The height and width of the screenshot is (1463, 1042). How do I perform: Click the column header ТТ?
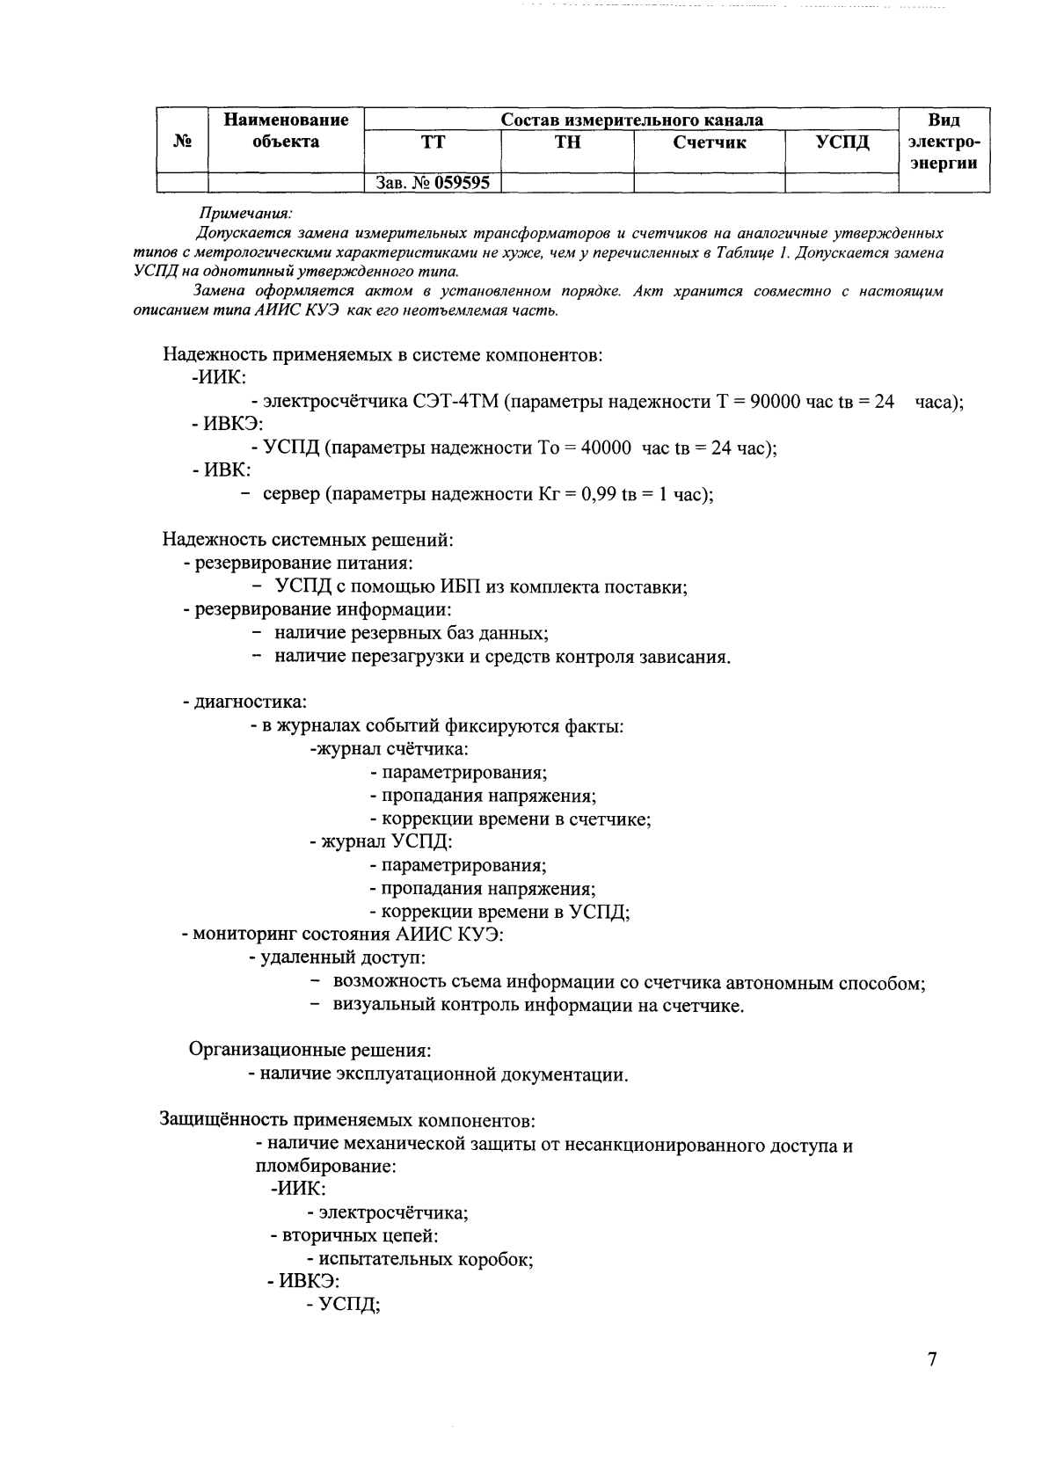[x=431, y=142]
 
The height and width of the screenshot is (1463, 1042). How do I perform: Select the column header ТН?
[x=567, y=142]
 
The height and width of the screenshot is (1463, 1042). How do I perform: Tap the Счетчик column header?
[x=710, y=142]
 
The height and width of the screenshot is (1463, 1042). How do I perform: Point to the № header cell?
[x=182, y=142]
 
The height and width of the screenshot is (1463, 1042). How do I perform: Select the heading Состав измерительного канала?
[x=631, y=120]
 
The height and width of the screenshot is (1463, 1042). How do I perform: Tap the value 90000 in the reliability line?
[x=768, y=402]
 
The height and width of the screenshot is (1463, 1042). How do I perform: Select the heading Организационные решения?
[x=310, y=1050]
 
